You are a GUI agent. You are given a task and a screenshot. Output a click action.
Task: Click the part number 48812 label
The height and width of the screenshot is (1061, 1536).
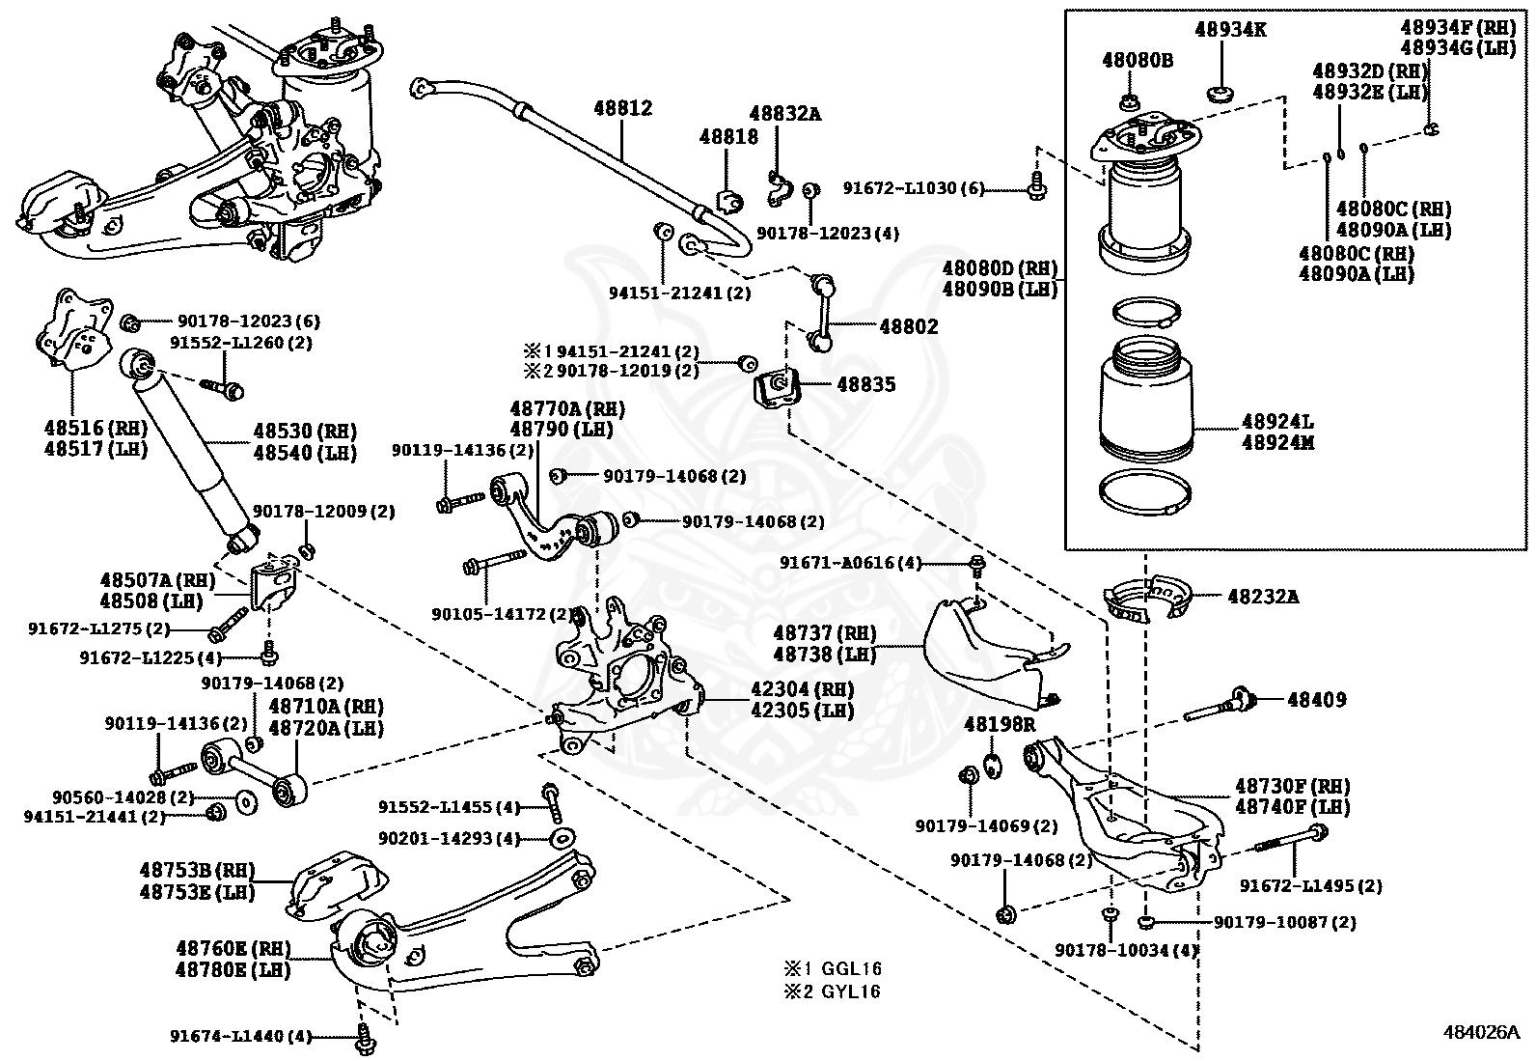622,108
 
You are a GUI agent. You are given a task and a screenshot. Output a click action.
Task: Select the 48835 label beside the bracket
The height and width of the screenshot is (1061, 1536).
865,384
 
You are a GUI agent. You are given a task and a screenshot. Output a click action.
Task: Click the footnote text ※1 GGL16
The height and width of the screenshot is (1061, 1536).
834,968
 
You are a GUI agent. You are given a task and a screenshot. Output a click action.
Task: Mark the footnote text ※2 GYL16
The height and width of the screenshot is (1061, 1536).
834,991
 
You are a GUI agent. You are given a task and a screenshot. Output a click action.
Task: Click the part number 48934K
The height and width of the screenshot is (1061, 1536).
1230,30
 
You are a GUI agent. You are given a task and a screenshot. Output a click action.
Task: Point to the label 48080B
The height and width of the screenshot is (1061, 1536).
1138,60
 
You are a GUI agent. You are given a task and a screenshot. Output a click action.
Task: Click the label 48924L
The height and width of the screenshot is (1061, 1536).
1277,422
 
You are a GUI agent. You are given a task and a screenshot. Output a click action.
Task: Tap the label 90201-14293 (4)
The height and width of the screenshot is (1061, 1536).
449,838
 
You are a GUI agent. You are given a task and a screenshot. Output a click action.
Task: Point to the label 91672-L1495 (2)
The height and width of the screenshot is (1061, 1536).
1309,885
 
